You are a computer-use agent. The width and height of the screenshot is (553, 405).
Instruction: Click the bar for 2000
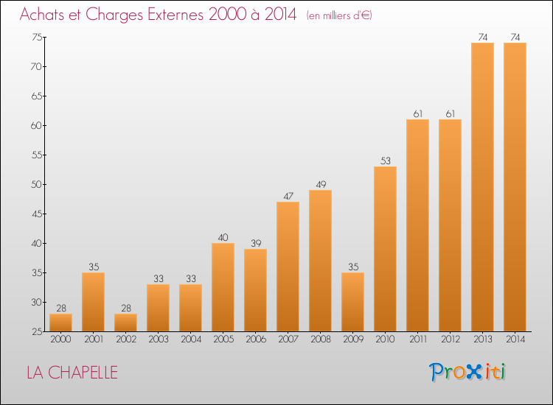tap(60, 323)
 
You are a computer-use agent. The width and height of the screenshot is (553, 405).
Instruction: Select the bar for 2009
tap(352, 302)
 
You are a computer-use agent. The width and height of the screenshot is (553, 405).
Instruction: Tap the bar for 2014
tap(515, 187)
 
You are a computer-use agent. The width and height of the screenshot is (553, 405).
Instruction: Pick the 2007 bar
tap(288, 267)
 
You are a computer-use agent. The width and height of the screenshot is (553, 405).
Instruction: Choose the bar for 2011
tap(417, 225)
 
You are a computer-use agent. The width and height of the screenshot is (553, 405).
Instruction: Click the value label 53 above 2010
tap(385, 161)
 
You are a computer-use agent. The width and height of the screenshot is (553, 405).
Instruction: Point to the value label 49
tap(320, 184)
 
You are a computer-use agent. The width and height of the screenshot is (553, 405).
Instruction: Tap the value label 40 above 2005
tap(223, 237)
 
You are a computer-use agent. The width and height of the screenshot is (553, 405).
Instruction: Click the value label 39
tap(255, 243)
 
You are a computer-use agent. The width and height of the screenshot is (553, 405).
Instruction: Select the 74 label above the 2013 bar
tap(482, 37)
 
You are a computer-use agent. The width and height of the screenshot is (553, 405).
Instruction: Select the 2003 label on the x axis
tap(158, 339)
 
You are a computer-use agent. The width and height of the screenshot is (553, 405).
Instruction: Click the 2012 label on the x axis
tap(450, 339)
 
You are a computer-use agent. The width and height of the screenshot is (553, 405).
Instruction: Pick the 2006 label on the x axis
tap(255, 339)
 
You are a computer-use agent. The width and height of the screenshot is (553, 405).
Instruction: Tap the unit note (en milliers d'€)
tap(339, 15)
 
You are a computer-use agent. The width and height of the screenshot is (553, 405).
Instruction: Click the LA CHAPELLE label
tap(72, 373)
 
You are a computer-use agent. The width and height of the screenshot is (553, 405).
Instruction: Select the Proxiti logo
tap(468, 372)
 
